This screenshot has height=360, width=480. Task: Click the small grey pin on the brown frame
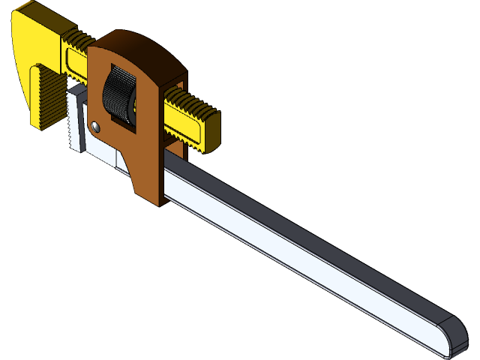95,127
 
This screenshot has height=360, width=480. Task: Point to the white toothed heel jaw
76,120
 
